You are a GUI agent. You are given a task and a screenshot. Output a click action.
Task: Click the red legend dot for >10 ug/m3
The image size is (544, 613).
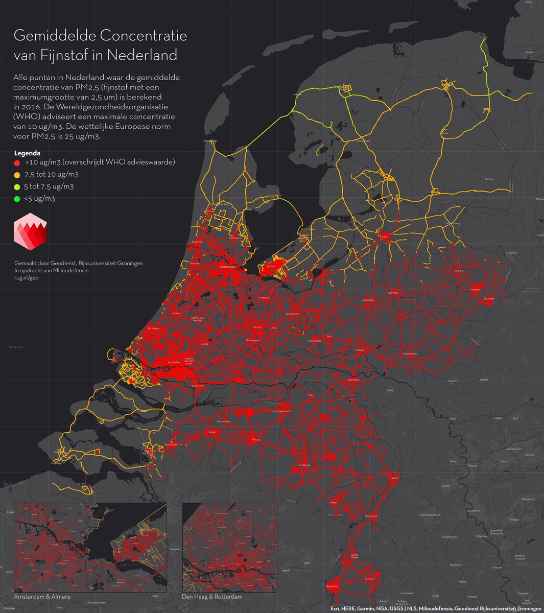17,162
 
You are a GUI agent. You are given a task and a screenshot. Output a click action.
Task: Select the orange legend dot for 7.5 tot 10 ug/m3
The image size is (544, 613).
17,175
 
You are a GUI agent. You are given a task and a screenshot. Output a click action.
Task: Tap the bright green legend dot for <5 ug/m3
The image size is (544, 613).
17,199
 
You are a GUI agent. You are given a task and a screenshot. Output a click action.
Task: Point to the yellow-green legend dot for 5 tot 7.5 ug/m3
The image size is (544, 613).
17,187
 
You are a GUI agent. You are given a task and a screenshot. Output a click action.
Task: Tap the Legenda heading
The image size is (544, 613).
27,153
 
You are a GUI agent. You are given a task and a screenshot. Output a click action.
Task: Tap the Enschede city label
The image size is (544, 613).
489,297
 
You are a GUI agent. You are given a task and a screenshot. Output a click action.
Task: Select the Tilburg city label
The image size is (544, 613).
256,439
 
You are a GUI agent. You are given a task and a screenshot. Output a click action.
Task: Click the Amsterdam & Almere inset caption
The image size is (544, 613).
42,597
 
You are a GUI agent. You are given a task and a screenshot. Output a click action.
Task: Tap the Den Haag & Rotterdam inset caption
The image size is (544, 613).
212,597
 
